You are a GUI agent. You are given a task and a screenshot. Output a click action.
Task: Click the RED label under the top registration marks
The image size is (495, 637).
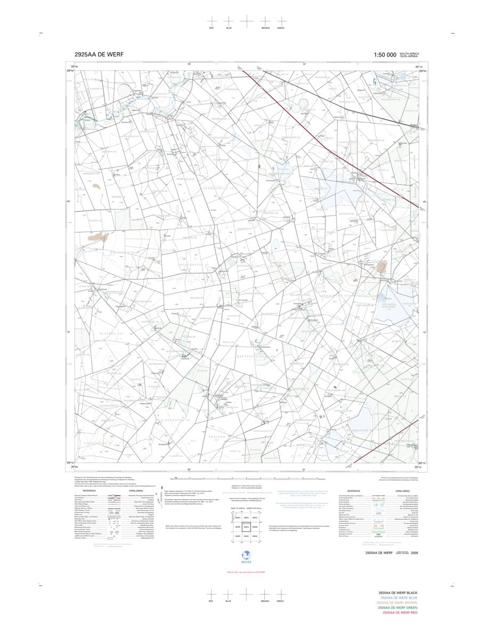(212, 28)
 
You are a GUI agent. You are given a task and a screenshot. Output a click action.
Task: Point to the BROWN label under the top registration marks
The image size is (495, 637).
(265, 28)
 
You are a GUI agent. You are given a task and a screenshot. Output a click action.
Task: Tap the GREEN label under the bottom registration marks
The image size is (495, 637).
(280, 601)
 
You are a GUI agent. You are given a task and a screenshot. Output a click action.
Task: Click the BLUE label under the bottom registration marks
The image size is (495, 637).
(229, 601)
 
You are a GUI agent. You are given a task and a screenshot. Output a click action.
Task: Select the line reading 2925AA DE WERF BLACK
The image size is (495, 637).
(398, 593)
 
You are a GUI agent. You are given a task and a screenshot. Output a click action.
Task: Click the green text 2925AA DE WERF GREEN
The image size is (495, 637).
(398, 608)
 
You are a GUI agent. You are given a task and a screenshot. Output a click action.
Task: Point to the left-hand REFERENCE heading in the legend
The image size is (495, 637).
(90, 491)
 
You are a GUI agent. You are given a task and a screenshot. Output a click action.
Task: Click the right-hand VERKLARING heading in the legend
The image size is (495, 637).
(402, 491)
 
